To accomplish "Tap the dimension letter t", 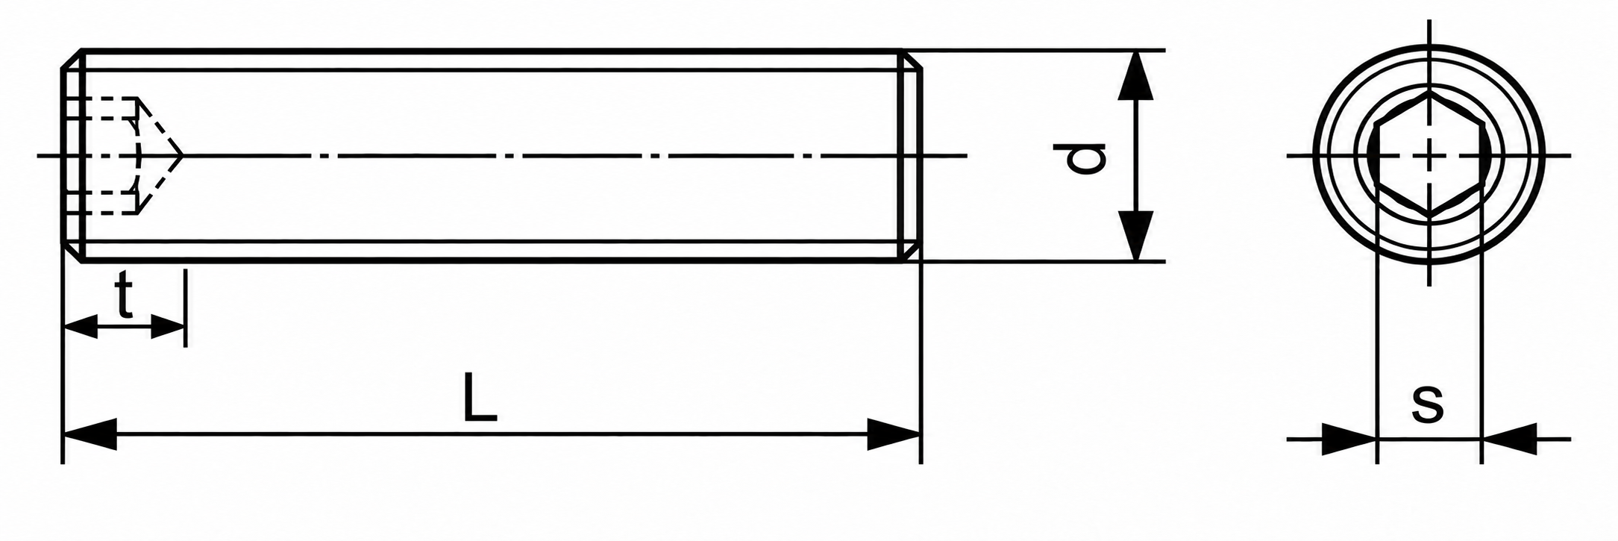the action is coord(124,296).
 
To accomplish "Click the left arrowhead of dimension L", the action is coord(90,434).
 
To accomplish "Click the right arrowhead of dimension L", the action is coord(894,434).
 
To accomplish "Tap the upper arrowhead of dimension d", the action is coord(1135,75).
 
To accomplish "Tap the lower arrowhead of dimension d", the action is coord(1135,236).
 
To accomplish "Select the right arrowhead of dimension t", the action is coord(167,326).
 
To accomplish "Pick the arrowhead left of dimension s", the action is coord(1349,439).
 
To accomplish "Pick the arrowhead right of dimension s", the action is coord(1509,439).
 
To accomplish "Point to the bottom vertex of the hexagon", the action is coord(1429,215).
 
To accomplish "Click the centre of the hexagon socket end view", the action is coord(1429,156).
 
